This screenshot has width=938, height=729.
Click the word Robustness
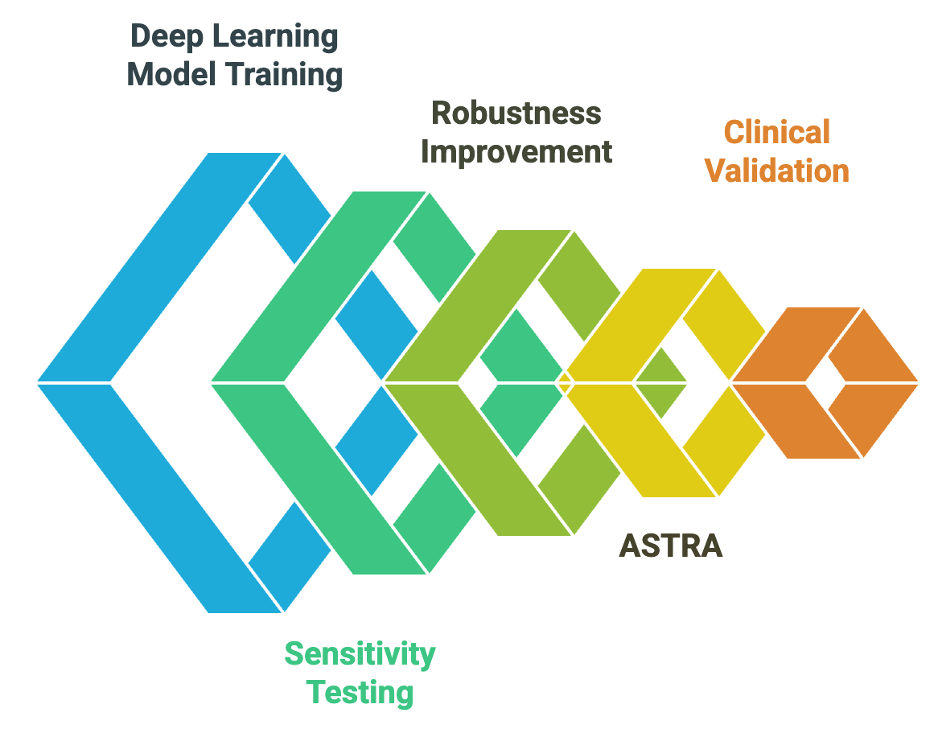point(516,113)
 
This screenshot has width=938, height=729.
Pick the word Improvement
point(516,151)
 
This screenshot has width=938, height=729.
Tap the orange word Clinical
point(776,132)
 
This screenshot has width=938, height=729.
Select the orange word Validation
point(777,171)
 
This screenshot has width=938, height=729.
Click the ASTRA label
point(670,546)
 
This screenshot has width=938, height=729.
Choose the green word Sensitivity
point(360,653)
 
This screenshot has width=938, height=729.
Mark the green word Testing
point(361,692)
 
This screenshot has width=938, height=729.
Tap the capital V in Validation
point(715,171)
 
